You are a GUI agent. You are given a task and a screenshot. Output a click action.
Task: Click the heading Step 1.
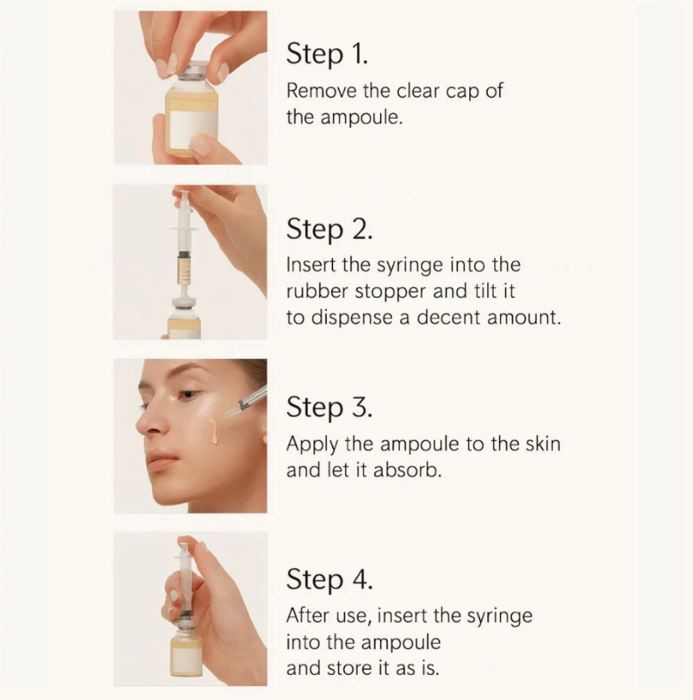pyautogui.click(x=327, y=55)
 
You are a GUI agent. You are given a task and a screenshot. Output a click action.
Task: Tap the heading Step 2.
pyautogui.click(x=329, y=229)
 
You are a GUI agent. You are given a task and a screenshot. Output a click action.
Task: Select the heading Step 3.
pyautogui.click(x=329, y=408)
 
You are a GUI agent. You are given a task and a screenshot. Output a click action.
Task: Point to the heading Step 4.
pyautogui.click(x=329, y=580)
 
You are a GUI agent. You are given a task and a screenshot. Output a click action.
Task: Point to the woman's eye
pyautogui.click(x=187, y=395)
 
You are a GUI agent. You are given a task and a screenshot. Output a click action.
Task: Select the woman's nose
pyautogui.click(x=145, y=424)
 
